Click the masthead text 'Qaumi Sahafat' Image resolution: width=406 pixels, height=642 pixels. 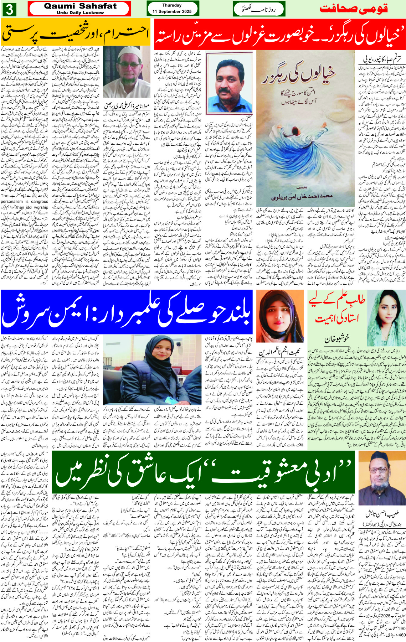coord(80,6)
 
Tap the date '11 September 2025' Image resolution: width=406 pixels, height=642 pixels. coord(172,11)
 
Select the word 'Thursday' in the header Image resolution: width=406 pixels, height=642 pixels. coord(172,5)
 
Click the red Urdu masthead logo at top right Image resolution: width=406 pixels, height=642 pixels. coord(353,9)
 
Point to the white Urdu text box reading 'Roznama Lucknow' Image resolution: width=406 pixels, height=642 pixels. coord(259,9)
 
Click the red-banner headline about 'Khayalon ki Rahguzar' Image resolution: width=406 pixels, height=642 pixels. coord(279,34)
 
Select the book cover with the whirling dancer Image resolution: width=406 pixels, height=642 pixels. coord(305,128)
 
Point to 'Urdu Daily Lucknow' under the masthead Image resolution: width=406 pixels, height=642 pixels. coord(80,12)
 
